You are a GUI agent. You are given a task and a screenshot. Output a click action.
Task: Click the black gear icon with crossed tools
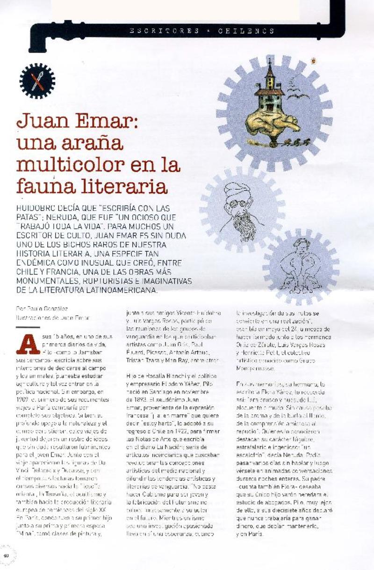pos(37,80)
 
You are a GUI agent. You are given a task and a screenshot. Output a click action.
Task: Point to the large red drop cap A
pos(28,344)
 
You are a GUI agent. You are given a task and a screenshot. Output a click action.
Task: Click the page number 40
pos(6,555)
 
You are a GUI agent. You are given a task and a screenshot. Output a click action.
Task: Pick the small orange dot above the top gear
pos(314,59)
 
